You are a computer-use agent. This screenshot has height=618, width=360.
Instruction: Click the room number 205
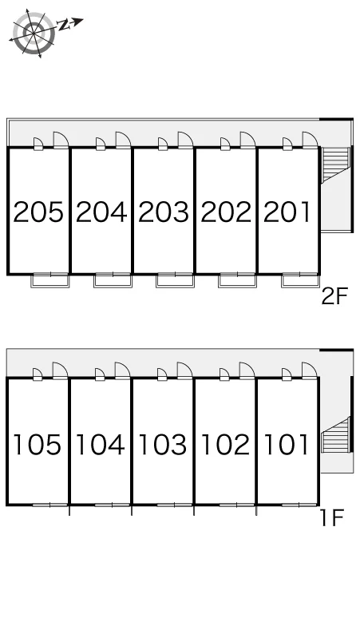[38, 212]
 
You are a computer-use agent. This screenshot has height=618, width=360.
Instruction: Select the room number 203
[164, 212]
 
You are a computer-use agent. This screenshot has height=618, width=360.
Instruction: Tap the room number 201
[287, 212]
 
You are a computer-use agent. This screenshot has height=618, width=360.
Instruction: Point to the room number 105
[38, 445]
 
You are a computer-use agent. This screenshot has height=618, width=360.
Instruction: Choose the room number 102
[226, 445]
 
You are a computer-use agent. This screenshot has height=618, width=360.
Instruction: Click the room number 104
[100, 445]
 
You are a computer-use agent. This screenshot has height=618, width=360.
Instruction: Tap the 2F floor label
[335, 296]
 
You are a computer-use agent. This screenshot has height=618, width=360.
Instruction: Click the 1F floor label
[332, 517]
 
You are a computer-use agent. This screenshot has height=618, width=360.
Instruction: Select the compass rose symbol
[34, 32]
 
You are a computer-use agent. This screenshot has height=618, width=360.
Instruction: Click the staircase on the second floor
[336, 164]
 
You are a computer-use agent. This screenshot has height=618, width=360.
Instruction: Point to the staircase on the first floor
[335, 434]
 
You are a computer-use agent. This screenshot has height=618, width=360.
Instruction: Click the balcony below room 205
[50, 280]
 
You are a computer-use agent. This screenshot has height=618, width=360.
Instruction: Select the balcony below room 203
[176, 280]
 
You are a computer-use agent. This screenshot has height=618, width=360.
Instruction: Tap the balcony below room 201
[300, 280]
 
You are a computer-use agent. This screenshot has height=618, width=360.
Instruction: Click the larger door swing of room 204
[123, 140]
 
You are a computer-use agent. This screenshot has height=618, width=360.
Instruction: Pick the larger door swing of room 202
[247, 140]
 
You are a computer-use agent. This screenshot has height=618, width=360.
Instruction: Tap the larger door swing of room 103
[184, 370]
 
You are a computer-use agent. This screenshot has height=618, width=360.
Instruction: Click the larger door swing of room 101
[310, 370]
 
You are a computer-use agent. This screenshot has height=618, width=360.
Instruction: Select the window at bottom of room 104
[113, 505]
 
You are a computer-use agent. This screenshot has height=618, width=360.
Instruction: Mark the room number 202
[226, 212]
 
